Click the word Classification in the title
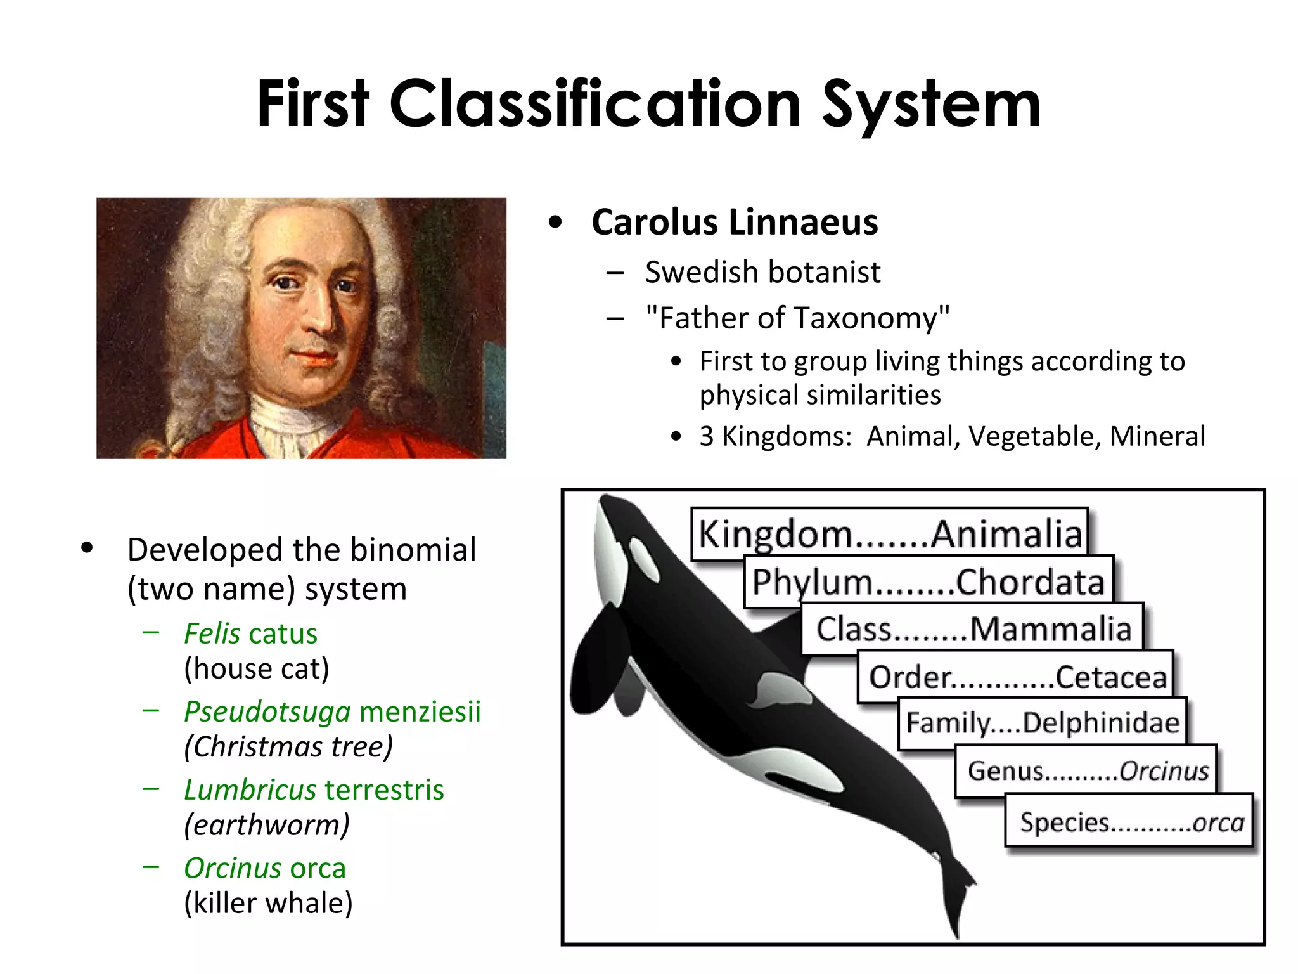596,104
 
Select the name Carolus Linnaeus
735,223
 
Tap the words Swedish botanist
762,273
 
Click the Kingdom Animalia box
890,533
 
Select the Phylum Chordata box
928,581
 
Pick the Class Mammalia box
973,629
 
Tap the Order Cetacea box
1017,677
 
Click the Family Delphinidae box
1043,723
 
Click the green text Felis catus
250,634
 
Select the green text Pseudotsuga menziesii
332,712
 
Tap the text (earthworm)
267,825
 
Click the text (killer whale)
268,903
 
